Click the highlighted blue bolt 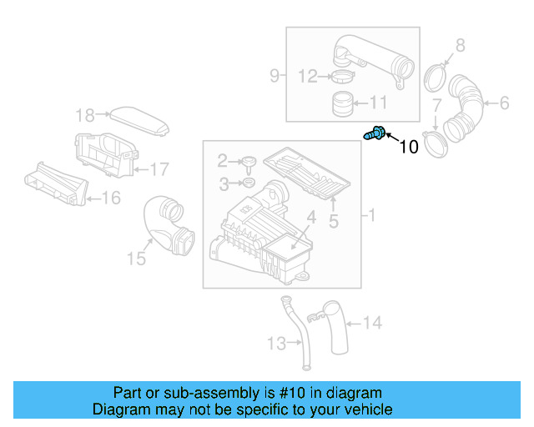(375, 133)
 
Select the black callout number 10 (409, 148)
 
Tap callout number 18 (86, 115)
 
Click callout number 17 (159, 169)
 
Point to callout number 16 (111, 198)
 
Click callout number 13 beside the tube (276, 343)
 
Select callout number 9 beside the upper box (275, 77)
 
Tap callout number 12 (308, 77)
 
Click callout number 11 (379, 103)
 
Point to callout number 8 (460, 45)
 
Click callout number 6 (504, 103)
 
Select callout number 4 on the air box (310, 219)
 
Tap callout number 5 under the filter (333, 221)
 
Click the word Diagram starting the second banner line (118, 410)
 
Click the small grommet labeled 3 (248, 182)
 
